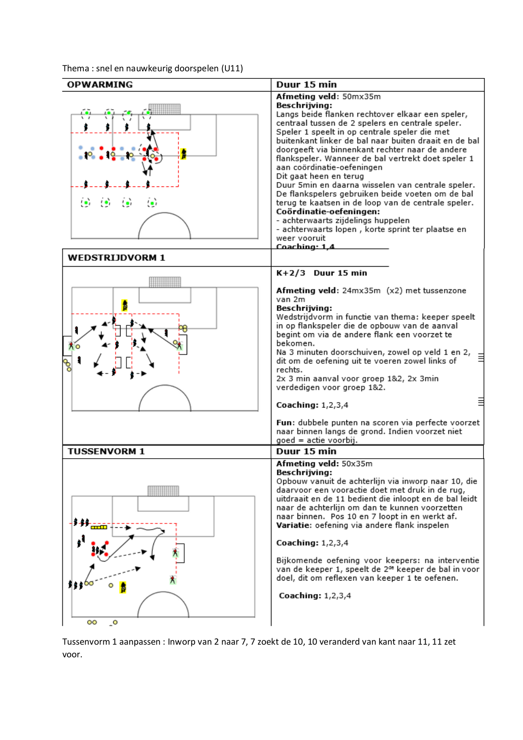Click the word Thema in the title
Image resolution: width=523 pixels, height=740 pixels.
point(76,68)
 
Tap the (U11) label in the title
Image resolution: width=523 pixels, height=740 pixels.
point(232,68)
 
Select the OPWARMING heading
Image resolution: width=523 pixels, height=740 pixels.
point(100,84)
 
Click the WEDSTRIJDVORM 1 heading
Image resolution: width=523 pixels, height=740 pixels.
point(116,258)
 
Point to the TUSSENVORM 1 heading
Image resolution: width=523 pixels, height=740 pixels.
point(106,451)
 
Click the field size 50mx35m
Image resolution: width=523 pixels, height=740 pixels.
point(362,97)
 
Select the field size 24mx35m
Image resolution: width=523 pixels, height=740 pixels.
point(361,291)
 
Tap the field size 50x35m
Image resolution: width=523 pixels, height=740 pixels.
point(357,464)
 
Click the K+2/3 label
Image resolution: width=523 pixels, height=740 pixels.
point(291,273)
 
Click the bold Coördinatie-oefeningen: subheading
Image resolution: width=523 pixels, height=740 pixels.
point(328,211)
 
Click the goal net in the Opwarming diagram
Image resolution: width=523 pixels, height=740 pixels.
point(164,109)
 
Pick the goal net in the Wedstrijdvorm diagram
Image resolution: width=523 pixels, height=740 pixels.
point(165,282)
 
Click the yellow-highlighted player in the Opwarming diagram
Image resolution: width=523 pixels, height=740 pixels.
point(184,154)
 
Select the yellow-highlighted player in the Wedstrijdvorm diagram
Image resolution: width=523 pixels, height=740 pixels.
point(125,305)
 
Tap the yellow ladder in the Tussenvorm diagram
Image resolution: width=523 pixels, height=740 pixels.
point(99,527)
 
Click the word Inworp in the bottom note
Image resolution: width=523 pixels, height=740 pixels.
point(181,642)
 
